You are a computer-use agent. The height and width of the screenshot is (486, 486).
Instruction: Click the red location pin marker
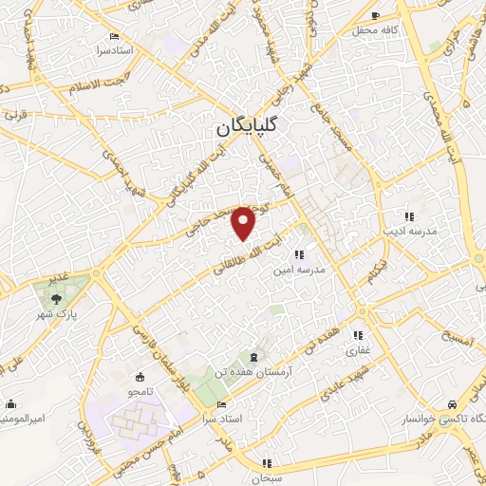[x=245, y=222]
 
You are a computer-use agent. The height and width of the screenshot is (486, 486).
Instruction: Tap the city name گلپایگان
[x=245, y=126]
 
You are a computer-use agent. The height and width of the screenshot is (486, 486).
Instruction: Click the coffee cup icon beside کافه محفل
[x=376, y=15]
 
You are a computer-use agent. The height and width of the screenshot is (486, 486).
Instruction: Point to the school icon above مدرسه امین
[x=298, y=253]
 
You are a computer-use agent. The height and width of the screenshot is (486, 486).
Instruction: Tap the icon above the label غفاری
[x=359, y=335]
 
